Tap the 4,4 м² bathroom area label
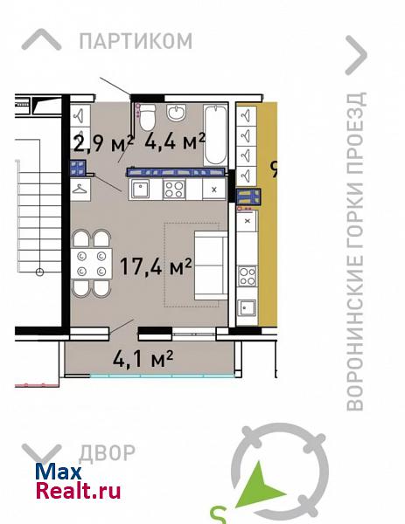[175, 141]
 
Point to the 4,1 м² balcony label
[143, 359]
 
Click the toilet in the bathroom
[147, 117]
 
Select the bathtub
[215, 135]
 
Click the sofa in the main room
[211, 265]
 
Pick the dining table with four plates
[91, 263]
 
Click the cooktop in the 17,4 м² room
[174, 190]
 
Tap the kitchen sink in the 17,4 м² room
[140, 189]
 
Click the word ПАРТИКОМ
[136, 41]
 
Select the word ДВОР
[107, 453]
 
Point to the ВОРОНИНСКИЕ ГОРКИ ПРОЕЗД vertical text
[355, 251]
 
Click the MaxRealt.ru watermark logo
[78, 481]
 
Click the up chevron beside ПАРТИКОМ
[41, 40]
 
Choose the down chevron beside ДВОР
[41, 455]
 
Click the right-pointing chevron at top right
[356, 55]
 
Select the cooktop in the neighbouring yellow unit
[248, 276]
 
